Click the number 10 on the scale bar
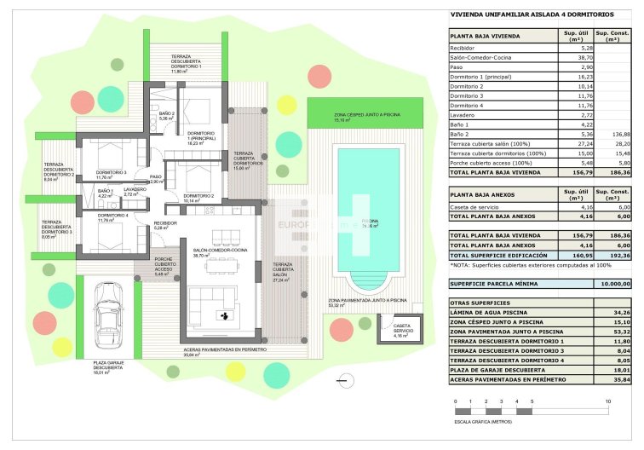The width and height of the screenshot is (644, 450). pyautogui.click(x=607, y=401)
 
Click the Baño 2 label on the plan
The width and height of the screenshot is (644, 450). pyautogui.click(x=167, y=116)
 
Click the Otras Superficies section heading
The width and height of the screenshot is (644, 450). pyautogui.click(x=480, y=303)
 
